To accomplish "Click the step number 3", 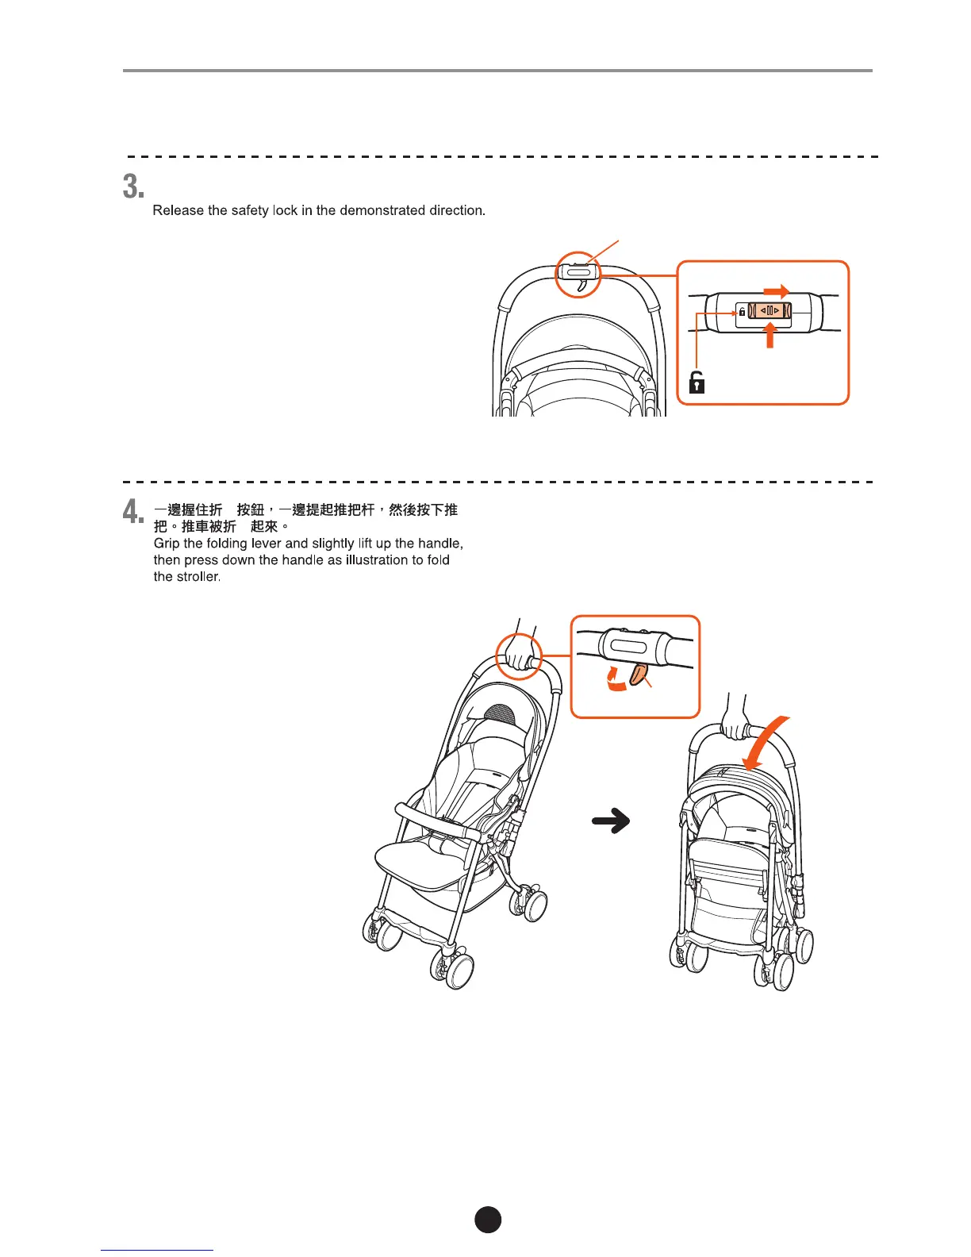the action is click(133, 187).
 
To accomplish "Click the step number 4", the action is click(133, 512).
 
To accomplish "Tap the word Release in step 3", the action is click(178, 210).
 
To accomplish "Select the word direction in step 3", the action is click(456, 210).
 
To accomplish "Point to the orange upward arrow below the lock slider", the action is click(769, 336).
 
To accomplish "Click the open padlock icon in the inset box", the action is click(697, 382).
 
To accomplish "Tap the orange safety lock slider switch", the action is click(770, 311).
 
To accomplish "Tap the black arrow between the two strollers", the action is click(611, 821).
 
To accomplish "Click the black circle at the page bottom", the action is click(488, 1220).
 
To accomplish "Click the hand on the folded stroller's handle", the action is click(735, 726).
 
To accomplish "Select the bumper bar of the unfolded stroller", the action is click(436, 822).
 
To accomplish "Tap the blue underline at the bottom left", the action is click(157, 1250).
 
